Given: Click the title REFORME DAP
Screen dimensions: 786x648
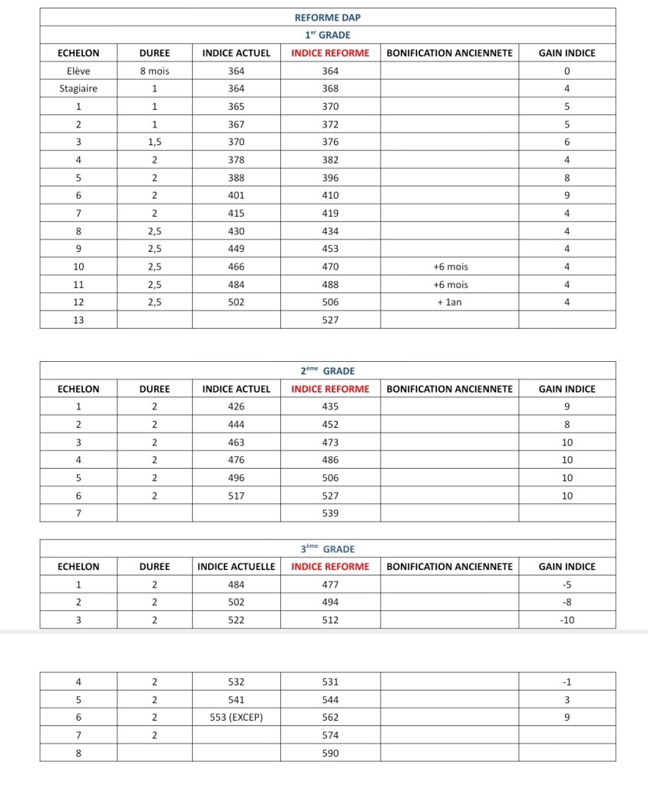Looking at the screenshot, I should point(328,17).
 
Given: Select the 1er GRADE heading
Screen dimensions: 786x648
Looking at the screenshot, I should point(328,35).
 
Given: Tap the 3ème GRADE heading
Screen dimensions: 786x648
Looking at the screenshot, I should point(328,549).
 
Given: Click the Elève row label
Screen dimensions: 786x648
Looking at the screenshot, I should point(78,71).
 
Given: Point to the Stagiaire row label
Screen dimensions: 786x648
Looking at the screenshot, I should point(78,89).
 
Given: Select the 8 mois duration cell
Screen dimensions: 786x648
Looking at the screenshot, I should point(154,71).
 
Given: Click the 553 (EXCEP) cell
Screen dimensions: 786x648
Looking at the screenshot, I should point(236,717).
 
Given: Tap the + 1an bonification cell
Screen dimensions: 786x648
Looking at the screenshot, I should point(450,302).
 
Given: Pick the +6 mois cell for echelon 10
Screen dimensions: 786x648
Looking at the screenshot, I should point(450,267).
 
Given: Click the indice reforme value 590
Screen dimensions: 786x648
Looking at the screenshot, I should point(330,753).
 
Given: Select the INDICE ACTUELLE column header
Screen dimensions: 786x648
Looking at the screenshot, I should point(236,567).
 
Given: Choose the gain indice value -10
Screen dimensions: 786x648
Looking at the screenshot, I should point(567,620).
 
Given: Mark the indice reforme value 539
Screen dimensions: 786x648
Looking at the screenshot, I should point(330,513).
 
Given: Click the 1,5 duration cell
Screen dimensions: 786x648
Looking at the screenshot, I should point(154,142).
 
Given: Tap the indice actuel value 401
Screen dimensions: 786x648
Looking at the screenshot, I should point(236,195).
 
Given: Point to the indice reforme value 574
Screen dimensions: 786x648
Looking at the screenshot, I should point(330,735).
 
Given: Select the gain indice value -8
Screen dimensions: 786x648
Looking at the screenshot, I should point(567,602).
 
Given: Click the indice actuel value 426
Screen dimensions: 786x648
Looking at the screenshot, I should point(236,406).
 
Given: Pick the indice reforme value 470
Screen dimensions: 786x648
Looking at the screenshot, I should point(330,267).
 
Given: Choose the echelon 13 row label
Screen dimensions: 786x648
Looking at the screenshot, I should point(78,320).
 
